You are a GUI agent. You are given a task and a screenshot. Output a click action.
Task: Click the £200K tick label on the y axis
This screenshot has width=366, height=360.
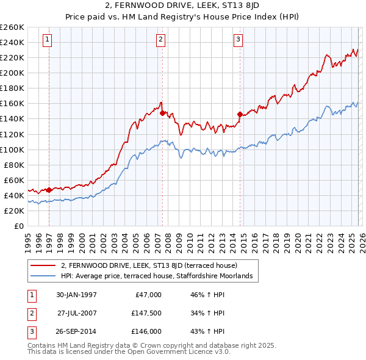click(12, 73)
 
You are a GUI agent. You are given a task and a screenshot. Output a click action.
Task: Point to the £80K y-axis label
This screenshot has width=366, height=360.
click(14, 165)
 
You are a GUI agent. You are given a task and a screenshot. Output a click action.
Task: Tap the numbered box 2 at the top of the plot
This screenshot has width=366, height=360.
click(161, 40)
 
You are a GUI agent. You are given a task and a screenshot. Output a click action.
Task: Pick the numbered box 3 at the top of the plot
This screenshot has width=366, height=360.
click(238, 40)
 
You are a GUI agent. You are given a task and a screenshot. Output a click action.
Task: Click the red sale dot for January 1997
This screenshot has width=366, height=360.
click(49, 190)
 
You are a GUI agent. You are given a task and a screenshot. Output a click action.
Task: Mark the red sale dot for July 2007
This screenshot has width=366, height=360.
click(162, 113)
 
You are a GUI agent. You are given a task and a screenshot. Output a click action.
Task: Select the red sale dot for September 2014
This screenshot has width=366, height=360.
click(240, 114)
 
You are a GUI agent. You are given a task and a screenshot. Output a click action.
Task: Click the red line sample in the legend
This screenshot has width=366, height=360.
click(43, 265)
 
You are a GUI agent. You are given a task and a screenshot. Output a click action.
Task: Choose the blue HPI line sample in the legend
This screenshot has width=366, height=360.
click(43, 276)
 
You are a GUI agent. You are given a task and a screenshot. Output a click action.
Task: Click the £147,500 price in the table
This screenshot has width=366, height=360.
click(146, 313)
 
